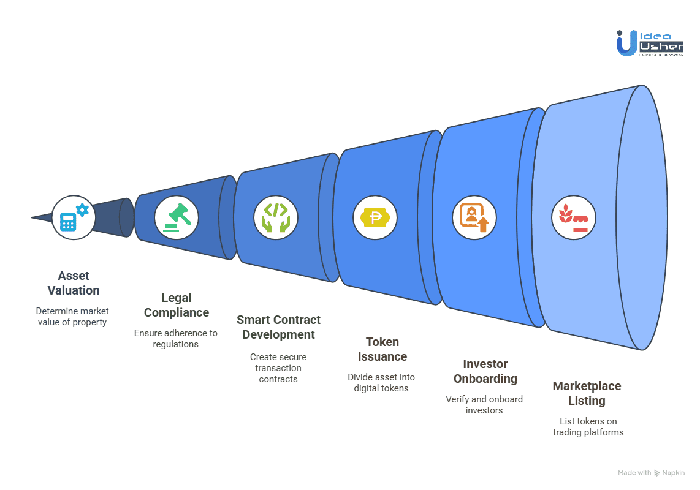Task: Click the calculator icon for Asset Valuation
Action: pyautogui.click(x=74, y=217)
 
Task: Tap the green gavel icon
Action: pyautogui.click(x=177, y=218)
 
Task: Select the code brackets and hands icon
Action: pyautogui.click(x=276, y=218)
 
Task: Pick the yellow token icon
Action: pyautogui.click(x=375, y=218)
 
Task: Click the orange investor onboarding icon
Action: pyautogui.click(x=474, y=218)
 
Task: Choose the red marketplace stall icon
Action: pyautogui.click(x=574, y=218)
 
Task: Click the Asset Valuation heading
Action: pyautogui.click(x=74, y=283)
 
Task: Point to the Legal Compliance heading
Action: pyautogui.click(x=177, y=305)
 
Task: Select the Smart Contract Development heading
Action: pyautogui.click(x=278, y=327)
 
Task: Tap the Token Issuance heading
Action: pyautogui.click(x=382, y=349)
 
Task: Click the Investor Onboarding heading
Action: pyautogui.click(x=485, y=371)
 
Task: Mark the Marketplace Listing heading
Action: pyautogui.click(x=587, y=393)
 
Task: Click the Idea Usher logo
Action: pyautogui.click(x=650, y=43)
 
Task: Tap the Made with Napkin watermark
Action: pyautogui.click(x=652, y=473)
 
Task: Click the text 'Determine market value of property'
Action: pyautogui.click(x=72, y=317)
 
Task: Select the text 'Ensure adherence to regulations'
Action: pyautogui.click(x=176, y=338)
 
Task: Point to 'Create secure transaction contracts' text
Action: pyautogui.click(x=278, y=367)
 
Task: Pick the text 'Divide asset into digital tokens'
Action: pyautogui.click(x=381, y=382)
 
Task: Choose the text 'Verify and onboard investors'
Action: pyautogui.click(x=484, y=404)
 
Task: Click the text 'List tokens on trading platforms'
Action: pyautogui.click(x=588, y=427)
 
